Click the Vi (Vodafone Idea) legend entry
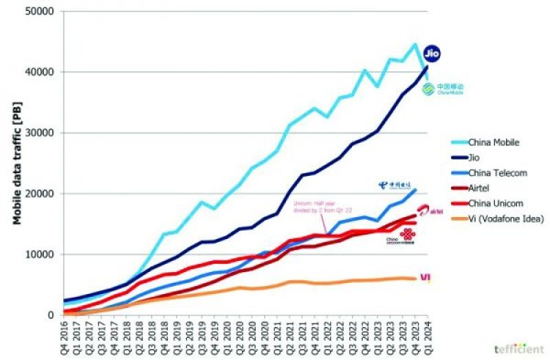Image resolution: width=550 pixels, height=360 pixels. tap(507, 219)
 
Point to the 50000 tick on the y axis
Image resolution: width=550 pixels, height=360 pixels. tap(42, 12)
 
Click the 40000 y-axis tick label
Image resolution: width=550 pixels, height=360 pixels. tap(42, 73)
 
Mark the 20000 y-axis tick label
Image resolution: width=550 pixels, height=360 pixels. tap(42, 194)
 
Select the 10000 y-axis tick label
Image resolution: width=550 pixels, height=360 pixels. tap(42, 254)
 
